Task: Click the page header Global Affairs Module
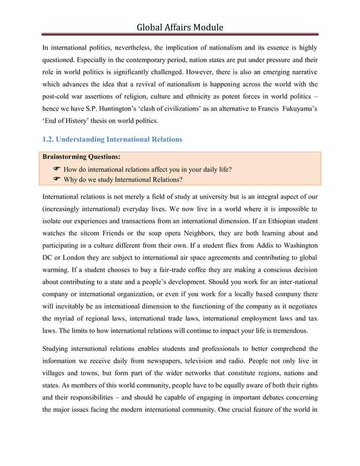click(x=180, y=27)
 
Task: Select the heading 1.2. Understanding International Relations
click(x=112, y=139)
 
